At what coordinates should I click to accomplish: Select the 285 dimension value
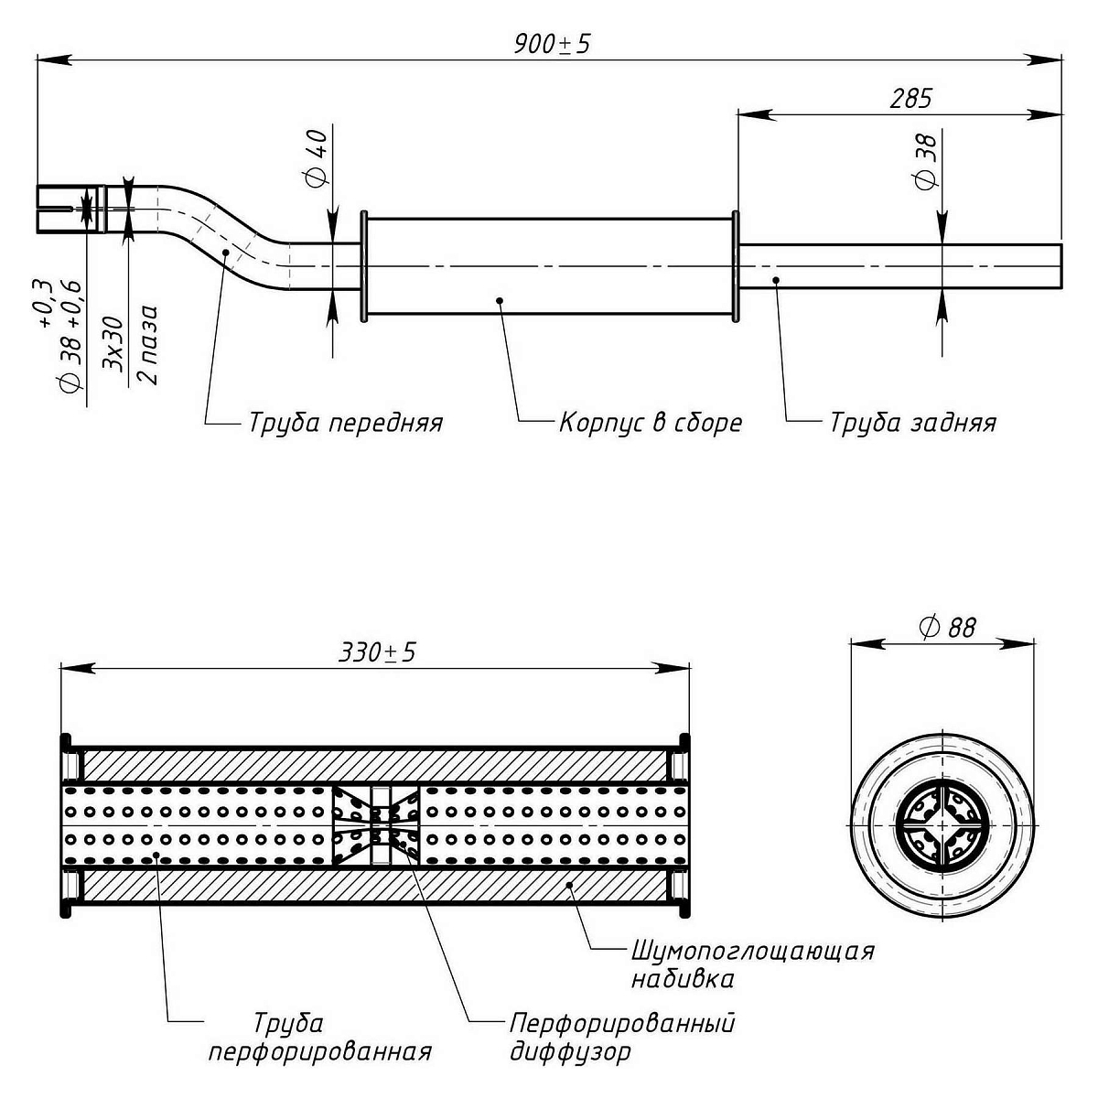point(910,99)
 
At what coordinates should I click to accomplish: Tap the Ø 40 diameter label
point(318,157)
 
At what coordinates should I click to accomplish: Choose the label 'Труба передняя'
point(345,424)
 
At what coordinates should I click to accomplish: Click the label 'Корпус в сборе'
point(650,424)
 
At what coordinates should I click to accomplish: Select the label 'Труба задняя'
point(912,424)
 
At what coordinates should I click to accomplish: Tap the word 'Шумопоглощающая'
point(752,952)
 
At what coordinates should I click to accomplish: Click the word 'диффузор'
point(570,1052)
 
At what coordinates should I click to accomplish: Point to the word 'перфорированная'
point(319,1050)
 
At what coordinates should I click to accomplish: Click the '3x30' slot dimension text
point(114,346)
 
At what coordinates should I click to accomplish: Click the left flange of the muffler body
point(364,267)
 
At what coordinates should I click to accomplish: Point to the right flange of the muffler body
point(735,267)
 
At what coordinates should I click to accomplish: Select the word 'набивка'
point(682,980)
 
